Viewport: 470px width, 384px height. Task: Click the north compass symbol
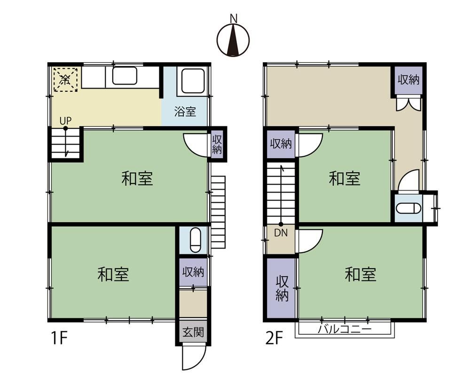pyautogui.click(x=234, y=39)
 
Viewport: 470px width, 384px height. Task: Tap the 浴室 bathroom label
pyautogui.click(x=185, y=112)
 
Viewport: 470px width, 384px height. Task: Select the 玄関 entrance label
pyautogui.click(x=193, y=333)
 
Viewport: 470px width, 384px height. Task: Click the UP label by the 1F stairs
pyautogui.click(x=65, y=120)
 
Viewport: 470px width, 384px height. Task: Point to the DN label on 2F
pyautogui.click(x=281, y=233)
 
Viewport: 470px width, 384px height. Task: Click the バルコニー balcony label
pyautogui.click(x=345, y=329)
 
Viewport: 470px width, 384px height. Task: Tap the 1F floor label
pyautogui.click(x=59, y=338)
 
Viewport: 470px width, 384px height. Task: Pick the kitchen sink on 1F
pyautogui.click(x=125, y=76)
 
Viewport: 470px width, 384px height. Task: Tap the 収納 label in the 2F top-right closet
pyautogui.click(x=408, y=80)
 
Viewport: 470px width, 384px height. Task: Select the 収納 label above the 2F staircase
pyautogui.click(x=281, y=144)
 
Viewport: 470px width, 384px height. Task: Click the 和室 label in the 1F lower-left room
pyautogui.click(x=113, y=274)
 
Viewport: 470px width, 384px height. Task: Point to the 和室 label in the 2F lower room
pyautogui.click(x=360, y=274)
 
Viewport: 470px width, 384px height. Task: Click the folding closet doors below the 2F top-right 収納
pyautogui.click(x=407, y=104)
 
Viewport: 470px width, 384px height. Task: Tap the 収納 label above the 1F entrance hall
pyautogui.click(x=193, y=272)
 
